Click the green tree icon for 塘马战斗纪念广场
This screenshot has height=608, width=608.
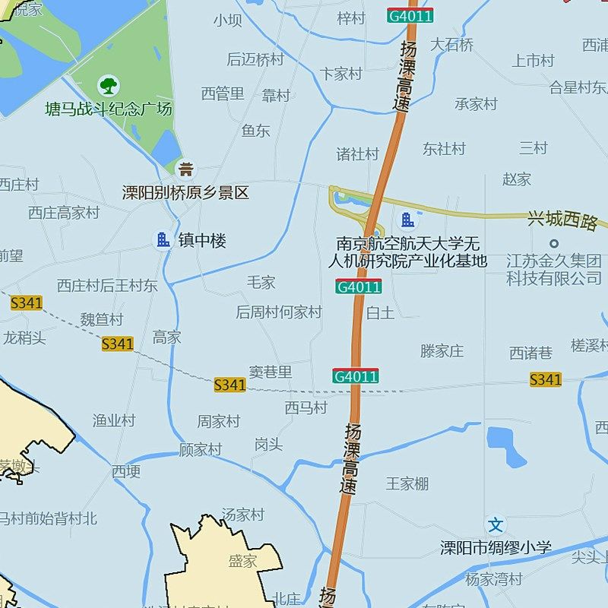point(109,84)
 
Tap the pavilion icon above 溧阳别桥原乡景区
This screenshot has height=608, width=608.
point(185,169)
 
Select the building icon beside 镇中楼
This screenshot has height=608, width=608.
point(163,240)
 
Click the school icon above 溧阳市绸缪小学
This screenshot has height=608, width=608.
point(496,524)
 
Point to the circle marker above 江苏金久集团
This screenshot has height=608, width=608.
point(554,243)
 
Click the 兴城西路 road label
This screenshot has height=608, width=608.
point(562,221)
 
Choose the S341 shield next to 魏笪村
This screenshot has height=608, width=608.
point(117,344)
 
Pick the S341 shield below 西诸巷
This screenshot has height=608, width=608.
point(545,379)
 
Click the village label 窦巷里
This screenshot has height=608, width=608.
point(271,372)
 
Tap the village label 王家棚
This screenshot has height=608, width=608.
point(407,483)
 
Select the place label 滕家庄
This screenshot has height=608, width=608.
point(442,351)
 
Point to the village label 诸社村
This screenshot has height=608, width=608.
point(357,154)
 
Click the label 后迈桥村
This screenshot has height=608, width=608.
point(255,59)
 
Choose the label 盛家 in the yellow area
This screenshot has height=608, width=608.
point(242,562)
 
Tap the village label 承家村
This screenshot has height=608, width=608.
point(476,104)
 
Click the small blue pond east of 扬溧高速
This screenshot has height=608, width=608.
point(506,447)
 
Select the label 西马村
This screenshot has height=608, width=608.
point(306,408)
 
